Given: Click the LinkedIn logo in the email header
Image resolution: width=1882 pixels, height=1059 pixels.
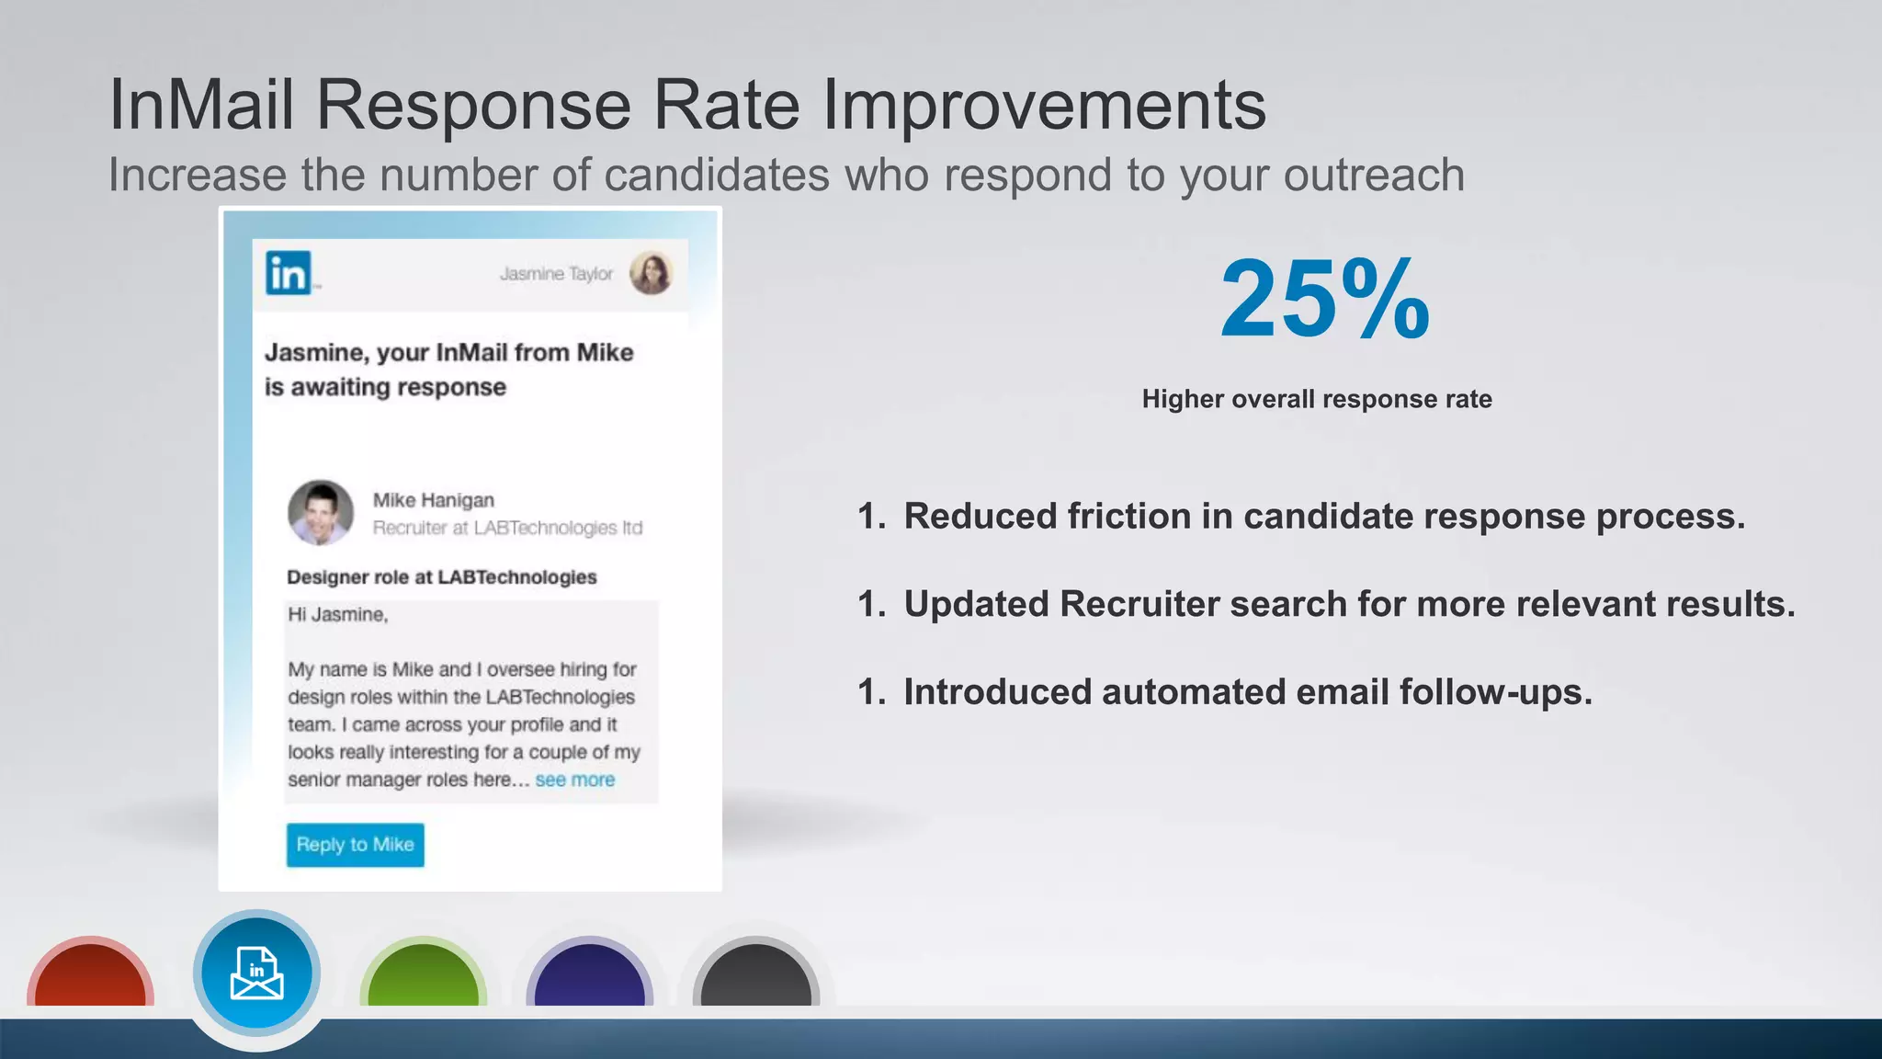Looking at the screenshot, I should pos(289,273).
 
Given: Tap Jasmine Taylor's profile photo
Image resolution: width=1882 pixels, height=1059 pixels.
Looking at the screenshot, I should pos(651,273).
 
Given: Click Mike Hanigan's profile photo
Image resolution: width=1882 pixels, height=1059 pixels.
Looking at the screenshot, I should pos(321,512).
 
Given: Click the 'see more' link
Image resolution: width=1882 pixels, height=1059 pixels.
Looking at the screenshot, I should pos(574,780).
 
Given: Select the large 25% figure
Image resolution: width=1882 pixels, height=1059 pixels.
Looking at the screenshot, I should pos(1324,299).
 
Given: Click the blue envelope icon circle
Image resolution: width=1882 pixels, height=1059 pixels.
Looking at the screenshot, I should pos(256,974).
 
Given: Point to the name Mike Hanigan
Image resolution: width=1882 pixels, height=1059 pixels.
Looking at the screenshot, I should pos(434,500).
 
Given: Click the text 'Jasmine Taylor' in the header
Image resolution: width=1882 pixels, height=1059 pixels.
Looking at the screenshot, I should pos(556,274).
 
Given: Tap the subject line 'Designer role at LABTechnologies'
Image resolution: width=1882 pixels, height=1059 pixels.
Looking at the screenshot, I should pos(442,577).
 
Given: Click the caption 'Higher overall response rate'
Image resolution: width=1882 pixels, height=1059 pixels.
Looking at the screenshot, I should pos(1317,399).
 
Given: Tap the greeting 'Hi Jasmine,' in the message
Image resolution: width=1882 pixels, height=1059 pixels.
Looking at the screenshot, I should pos(338,615).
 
